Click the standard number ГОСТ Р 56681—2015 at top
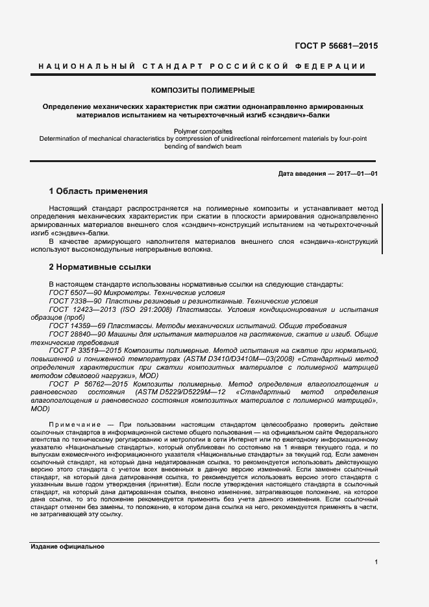(336, 46)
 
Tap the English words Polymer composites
(202, 131)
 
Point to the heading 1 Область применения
(99, 191)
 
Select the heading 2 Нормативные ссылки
(100, 267)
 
